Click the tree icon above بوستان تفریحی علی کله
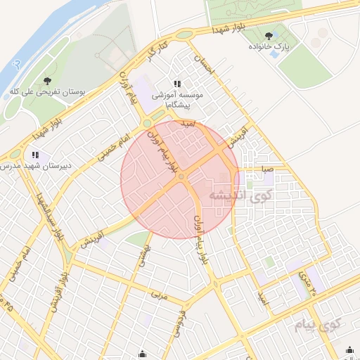pyautogui.click(x=47, y=81)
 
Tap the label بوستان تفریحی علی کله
pyautogui.click(x=48, y=92)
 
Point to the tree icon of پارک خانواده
pyautogui.click(x=268, y=34)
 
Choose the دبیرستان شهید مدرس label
pyautogui.click(x=35, y=165)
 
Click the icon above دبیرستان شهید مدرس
pyautogui.click(x=35, y=155)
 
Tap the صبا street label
pyautogui.click(x=267, y=169)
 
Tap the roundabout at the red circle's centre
pyautogui.click(x=181, y=176)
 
